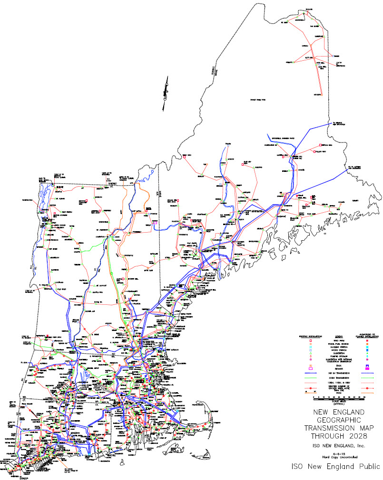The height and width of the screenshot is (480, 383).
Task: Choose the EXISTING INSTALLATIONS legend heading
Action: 311,336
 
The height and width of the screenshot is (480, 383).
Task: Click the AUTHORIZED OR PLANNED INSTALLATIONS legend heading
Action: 367,337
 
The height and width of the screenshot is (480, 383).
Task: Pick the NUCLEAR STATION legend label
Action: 338,348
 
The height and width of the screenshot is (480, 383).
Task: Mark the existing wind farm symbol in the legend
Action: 311,340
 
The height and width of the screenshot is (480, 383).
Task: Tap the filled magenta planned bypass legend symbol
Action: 367,369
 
